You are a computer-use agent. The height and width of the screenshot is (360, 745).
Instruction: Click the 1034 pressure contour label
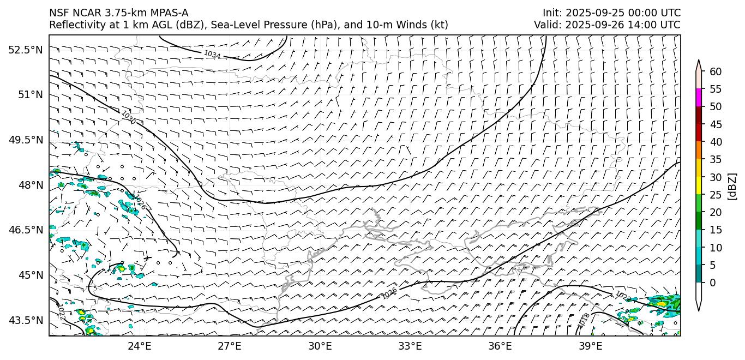212,55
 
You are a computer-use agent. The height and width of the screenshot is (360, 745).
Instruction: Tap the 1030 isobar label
128,117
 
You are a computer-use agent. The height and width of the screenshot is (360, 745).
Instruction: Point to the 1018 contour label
584,320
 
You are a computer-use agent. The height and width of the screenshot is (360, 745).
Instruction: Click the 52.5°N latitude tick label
25,50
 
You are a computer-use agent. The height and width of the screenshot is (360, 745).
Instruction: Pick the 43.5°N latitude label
25,320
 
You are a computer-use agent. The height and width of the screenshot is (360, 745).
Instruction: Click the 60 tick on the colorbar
716,71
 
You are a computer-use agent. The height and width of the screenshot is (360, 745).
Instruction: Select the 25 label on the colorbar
716,195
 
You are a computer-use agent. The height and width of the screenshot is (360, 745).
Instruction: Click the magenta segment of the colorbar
699,98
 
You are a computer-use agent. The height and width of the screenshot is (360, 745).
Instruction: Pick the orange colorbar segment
699,151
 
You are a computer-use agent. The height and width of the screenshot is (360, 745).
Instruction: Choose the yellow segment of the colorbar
699,186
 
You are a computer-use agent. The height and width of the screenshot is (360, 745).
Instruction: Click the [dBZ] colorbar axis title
732,186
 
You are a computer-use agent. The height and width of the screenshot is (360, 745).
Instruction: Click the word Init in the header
550,13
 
